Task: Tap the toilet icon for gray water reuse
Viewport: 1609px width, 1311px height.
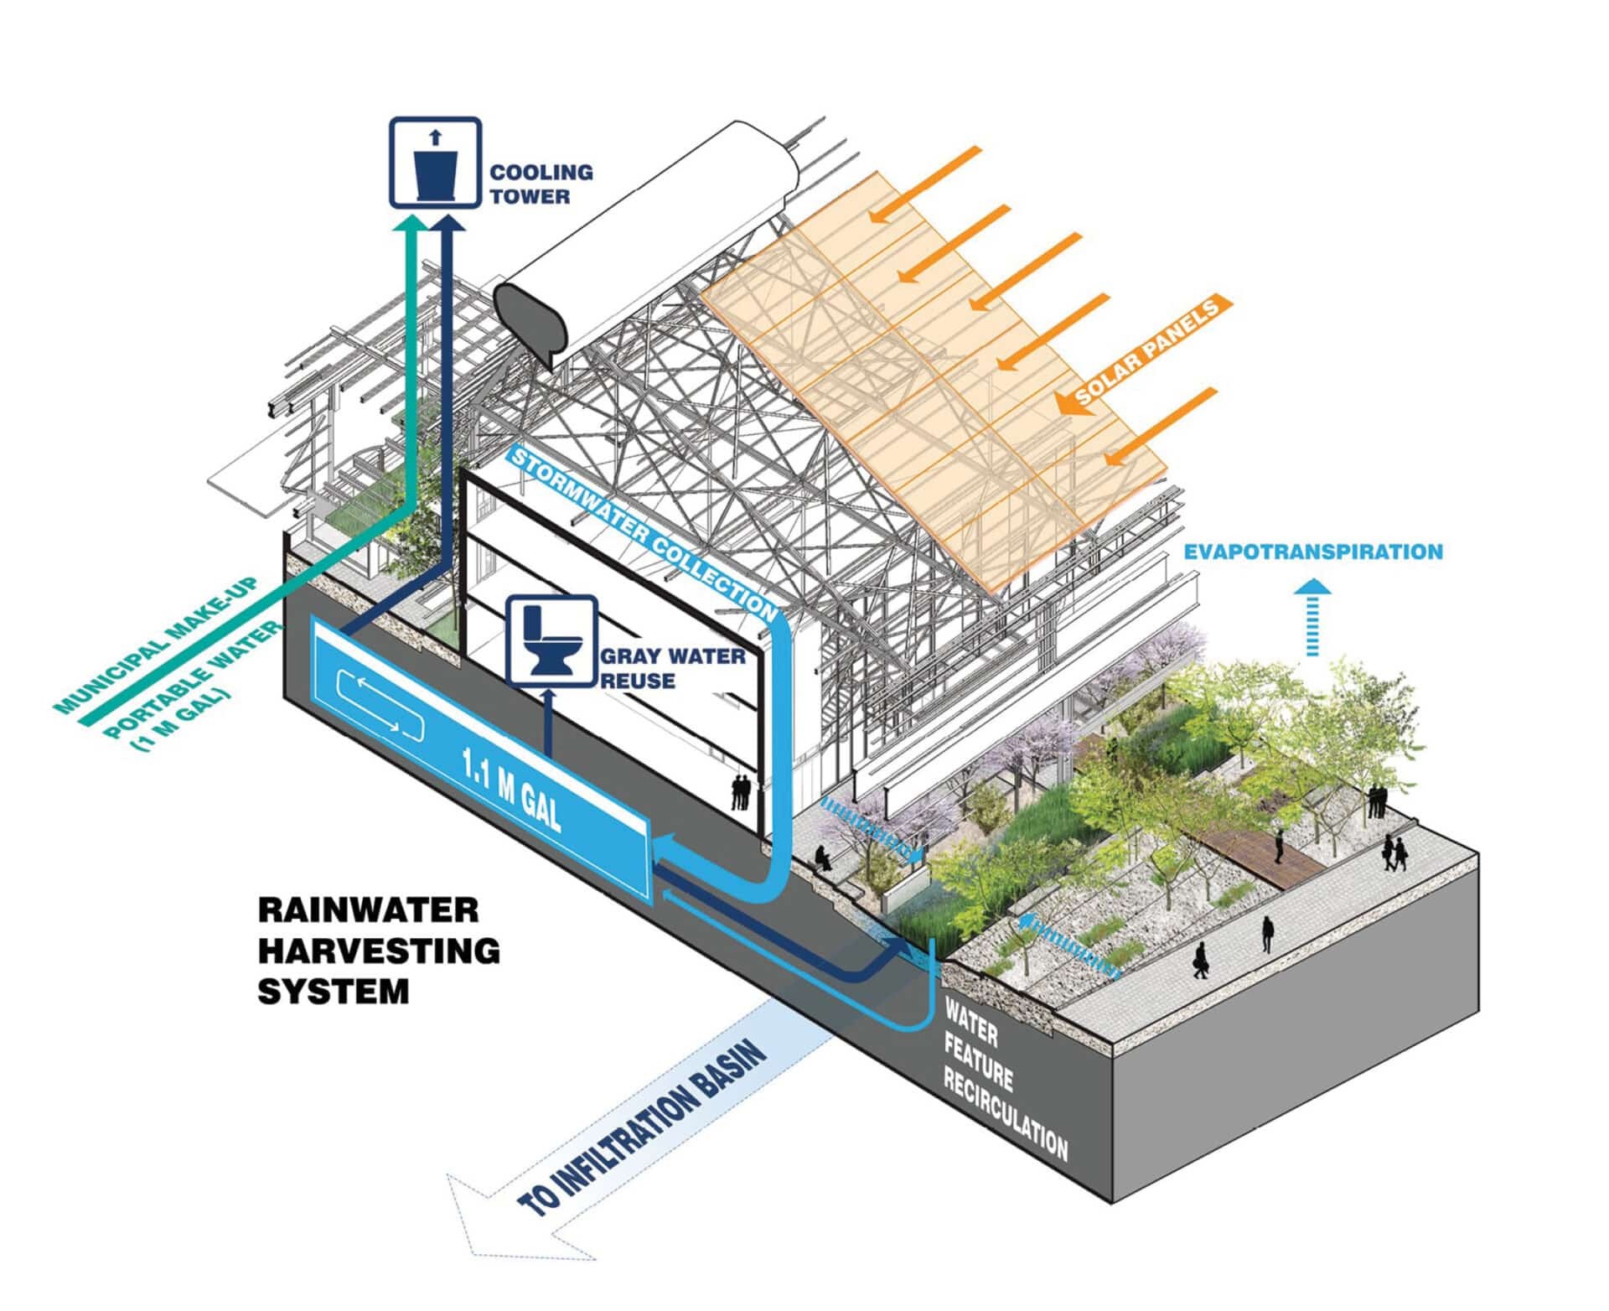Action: point(553,641)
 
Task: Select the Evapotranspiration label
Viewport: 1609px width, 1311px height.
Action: point(1313,552)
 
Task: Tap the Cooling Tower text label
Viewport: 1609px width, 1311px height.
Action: point(541,184)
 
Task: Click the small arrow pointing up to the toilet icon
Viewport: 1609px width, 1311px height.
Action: point(549,723)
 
